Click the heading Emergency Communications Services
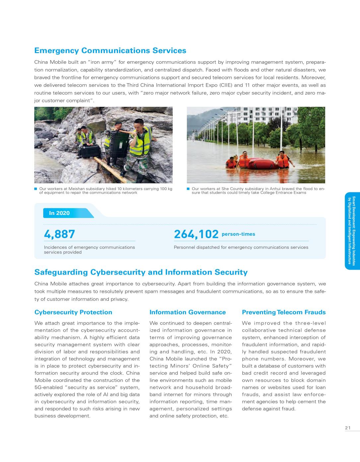coord(110,51)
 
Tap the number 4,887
coord(59,234)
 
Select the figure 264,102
coord(196,234)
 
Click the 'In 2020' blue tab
coord(60,213)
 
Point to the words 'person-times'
coord(238,234)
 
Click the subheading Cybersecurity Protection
coord(73,312)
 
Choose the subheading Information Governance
coord(187,312)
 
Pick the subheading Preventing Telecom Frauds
coord(284,312)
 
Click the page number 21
coord(348,428)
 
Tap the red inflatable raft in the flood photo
coord(262,164)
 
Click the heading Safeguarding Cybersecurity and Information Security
coord(141,272)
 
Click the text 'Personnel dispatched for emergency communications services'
coord(241,247)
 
